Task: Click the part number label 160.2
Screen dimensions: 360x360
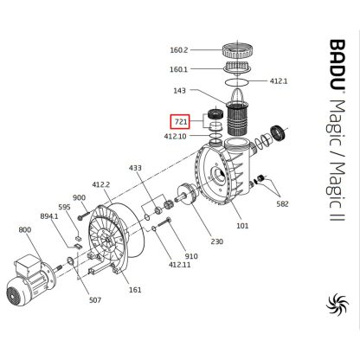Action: click(179, 50)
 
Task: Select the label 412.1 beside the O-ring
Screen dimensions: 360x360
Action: click(279, 81)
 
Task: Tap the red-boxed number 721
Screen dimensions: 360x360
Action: click(181, 122)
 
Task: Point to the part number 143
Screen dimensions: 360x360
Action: click(179, 91)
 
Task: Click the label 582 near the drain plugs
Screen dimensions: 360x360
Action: click(282, 204)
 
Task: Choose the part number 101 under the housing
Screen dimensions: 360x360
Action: click(242, 226)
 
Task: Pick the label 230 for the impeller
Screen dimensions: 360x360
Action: click(216, 241)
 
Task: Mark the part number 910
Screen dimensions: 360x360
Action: click(191, 256)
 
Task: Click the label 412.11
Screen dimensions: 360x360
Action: click(179, 265)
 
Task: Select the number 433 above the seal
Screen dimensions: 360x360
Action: click(135, 168)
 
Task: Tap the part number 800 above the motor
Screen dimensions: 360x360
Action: click(25, 229)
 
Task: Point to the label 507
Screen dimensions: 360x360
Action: click(95, 300)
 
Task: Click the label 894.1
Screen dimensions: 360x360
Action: click(49, 216)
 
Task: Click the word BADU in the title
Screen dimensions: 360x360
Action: click(337, 65)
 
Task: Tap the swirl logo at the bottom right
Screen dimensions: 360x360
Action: click(337, 304)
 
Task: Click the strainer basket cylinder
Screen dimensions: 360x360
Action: click(237, 119)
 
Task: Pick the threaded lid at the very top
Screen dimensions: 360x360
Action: click(238, 50)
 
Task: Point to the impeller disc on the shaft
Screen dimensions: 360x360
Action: click(188, 194)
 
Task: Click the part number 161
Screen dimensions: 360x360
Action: click(135, 289)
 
